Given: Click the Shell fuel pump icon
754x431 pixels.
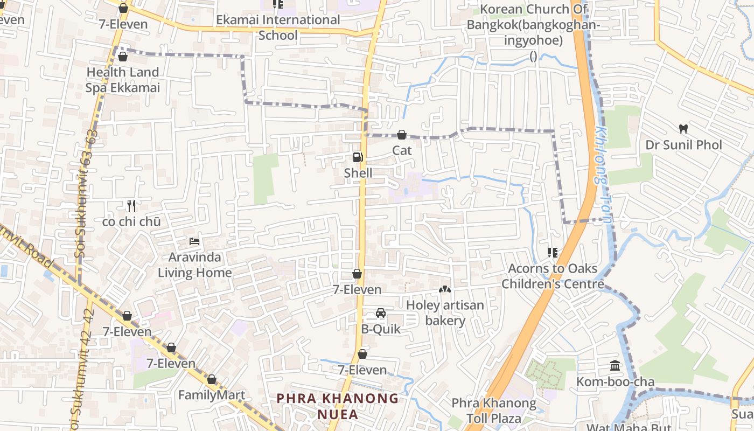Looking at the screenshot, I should click(x=358, y=157).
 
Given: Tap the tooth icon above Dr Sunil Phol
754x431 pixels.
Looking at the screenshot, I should click(x=683, y=129).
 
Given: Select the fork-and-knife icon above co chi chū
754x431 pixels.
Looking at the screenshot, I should click(x=131, y=205).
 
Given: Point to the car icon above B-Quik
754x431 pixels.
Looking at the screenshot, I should click(x=380, y=313).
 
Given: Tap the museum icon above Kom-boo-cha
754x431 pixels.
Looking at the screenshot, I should click(x=615, y=366).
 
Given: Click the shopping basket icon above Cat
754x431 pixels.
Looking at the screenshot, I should click(x=402, y=135).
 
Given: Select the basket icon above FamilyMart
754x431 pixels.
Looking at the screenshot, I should click(x=212, y=379).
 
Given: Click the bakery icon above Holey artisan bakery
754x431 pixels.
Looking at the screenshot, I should click(x=445, y=289).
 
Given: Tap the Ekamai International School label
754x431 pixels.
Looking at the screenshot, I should click(x=278, y=27).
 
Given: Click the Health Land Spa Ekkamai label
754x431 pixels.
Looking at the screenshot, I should click(x=123, y=80).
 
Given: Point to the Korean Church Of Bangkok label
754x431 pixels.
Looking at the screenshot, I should click(x=533, y=25).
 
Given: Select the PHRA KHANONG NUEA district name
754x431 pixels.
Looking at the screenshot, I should click(x=338, y=406).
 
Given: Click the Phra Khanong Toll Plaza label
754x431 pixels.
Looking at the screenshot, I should click(x=494, y=411).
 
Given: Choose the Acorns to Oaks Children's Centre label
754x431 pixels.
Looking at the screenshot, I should click(x=553, y=276).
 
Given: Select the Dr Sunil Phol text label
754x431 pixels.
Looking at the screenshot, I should click(x=683, y=145).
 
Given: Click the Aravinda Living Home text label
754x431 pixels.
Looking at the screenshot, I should click(x=194, y=265).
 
